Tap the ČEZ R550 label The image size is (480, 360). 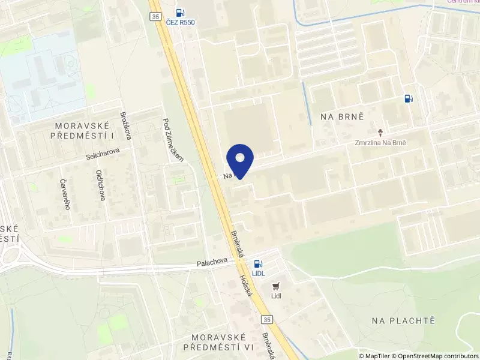[180, 22]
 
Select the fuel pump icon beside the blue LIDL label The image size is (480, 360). [258, 263]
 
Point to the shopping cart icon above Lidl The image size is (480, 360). [276, 286]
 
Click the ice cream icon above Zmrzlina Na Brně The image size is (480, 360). [380, 131]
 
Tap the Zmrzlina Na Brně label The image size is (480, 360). [380, 143]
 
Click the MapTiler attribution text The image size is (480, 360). [377, 356]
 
